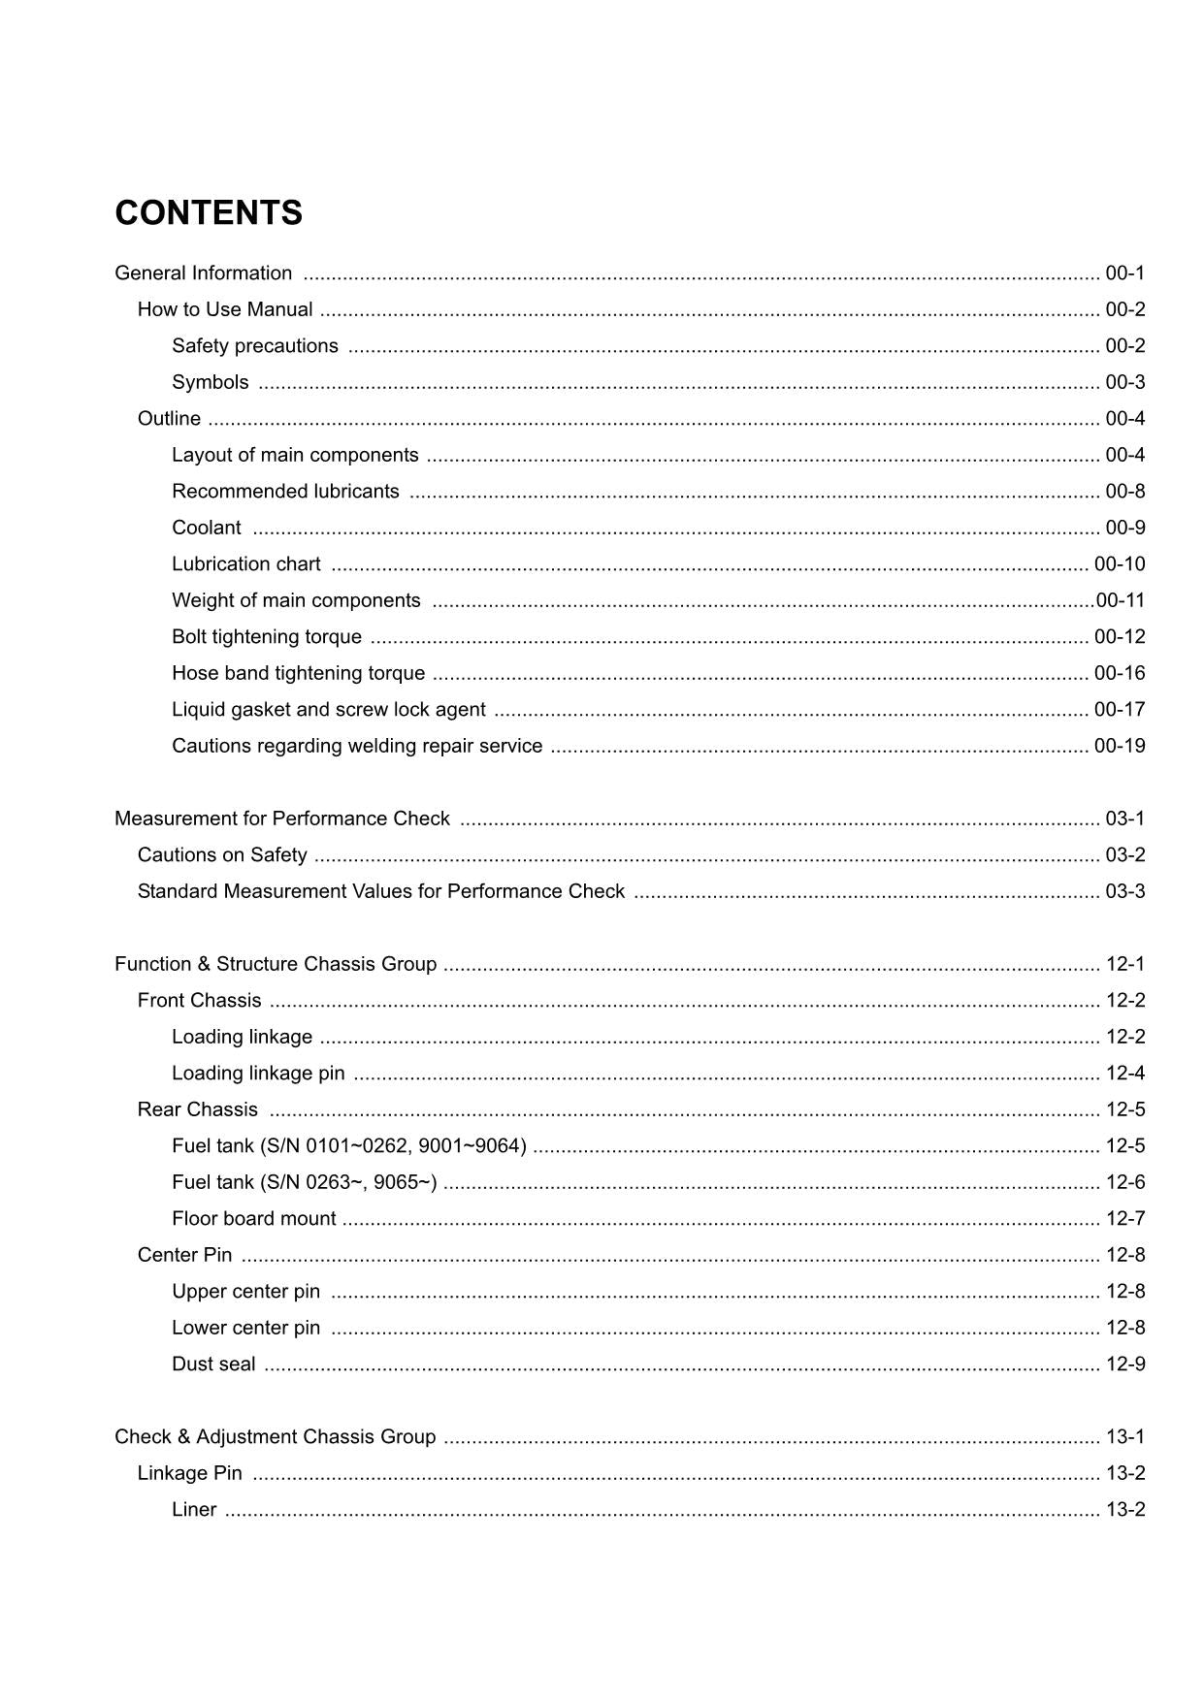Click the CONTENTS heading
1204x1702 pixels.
click(209, 213)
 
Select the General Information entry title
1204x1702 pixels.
click(203, 273)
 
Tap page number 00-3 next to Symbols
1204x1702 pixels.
click(1124, 382)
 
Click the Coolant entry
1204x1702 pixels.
click(207, 528)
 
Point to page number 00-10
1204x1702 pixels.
click(1119, 564)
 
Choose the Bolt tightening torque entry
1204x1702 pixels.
click(267, 637)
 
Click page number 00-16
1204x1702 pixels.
click(1119, 673)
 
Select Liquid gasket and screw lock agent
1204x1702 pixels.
click(329, 710)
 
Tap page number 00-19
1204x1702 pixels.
click(1119, 746)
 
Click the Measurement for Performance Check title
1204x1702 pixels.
click(282, 819)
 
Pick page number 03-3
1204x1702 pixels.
click(1124, 891)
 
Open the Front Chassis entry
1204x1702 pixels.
click(200, 1001)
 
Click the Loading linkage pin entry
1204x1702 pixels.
click(258, 1074)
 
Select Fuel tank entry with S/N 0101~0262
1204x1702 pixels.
click(349, 1146)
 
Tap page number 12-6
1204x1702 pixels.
click(1124, 1182)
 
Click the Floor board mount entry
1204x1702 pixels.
click(254, 1219)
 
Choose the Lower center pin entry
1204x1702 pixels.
click(245, 1328)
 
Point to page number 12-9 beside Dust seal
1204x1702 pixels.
click(1124, 1365)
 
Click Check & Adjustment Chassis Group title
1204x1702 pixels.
click(276, 1437)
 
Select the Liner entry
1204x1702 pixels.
click(194, 1510)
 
